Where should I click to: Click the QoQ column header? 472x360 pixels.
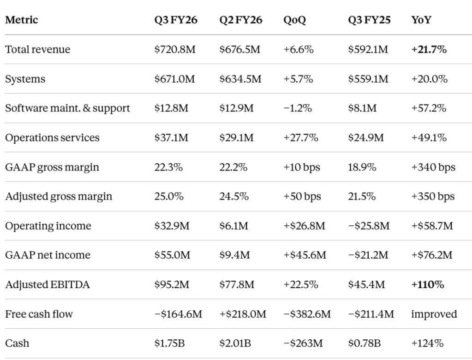(294, 20)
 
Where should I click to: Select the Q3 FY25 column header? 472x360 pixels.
(369, 20)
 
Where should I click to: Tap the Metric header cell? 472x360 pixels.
(21, 20)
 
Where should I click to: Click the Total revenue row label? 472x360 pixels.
(38, 49)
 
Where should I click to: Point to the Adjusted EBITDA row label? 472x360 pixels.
(48, 284)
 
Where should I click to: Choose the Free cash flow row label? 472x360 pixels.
(39, 314)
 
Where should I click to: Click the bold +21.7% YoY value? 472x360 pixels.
(429, 49)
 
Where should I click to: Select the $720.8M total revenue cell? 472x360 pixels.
(175, 49)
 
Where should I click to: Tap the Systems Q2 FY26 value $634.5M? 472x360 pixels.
(240, 79)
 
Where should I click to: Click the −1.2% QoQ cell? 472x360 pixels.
(298, 108)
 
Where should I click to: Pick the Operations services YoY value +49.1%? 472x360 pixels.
(429, 137)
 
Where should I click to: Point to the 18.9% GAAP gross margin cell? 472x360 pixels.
(362, 167)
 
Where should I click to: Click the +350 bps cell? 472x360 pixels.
(433, 196)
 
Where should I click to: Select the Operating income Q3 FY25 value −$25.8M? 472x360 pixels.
(369, 225)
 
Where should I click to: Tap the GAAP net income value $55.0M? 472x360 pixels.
(172, 255)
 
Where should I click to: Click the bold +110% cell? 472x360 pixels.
(427, 284)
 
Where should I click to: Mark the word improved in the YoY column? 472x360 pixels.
(434, 314)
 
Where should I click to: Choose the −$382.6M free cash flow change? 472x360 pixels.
(307, 314)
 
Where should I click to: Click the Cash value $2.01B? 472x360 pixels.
(235, 343)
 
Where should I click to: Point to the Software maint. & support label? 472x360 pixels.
(67, 108)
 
